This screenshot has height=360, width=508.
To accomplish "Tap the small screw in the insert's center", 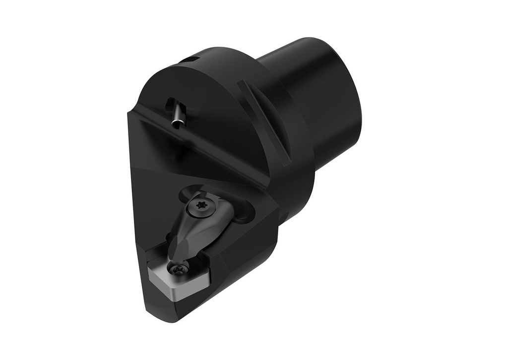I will (x=179, y=268).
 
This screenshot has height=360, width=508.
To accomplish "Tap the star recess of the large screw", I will (x=202, y=204).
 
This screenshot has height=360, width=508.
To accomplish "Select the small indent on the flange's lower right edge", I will (x=284, y=217).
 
